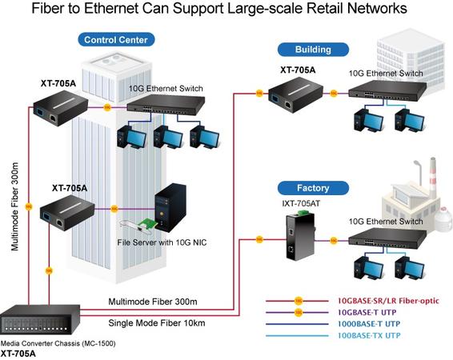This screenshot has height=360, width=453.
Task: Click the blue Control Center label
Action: [x=116, y=39]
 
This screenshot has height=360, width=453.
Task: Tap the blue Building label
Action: [x=313, y=50]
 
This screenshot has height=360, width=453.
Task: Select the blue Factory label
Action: [x=313, y=188]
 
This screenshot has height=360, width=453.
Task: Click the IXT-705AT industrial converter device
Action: [x=300, y=234]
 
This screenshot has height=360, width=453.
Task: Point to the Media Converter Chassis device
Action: [x=40, y=320]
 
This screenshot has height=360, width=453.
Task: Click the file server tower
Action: [x=170, y=208]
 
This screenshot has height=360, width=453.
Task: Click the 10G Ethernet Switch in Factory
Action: [x=387, y=238]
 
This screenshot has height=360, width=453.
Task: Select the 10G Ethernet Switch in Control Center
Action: [x=166, y=105]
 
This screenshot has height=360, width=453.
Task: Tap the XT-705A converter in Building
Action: [x=296, y=95]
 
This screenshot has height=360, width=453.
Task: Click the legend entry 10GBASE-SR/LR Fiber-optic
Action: [x=388, y=301]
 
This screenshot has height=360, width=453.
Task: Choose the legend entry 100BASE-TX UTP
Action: [x=369, y=335]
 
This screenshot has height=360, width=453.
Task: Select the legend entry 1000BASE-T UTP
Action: [x=369, y=324]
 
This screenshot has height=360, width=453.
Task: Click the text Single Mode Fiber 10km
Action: [x=157, y=322]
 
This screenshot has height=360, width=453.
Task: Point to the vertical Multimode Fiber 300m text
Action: [x=14, y=206]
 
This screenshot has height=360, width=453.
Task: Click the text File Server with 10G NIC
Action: [x=162, y=242]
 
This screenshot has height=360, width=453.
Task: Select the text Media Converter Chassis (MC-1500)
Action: [x=58, y=343]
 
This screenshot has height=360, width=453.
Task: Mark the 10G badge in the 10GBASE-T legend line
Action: [x=299, y=312]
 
